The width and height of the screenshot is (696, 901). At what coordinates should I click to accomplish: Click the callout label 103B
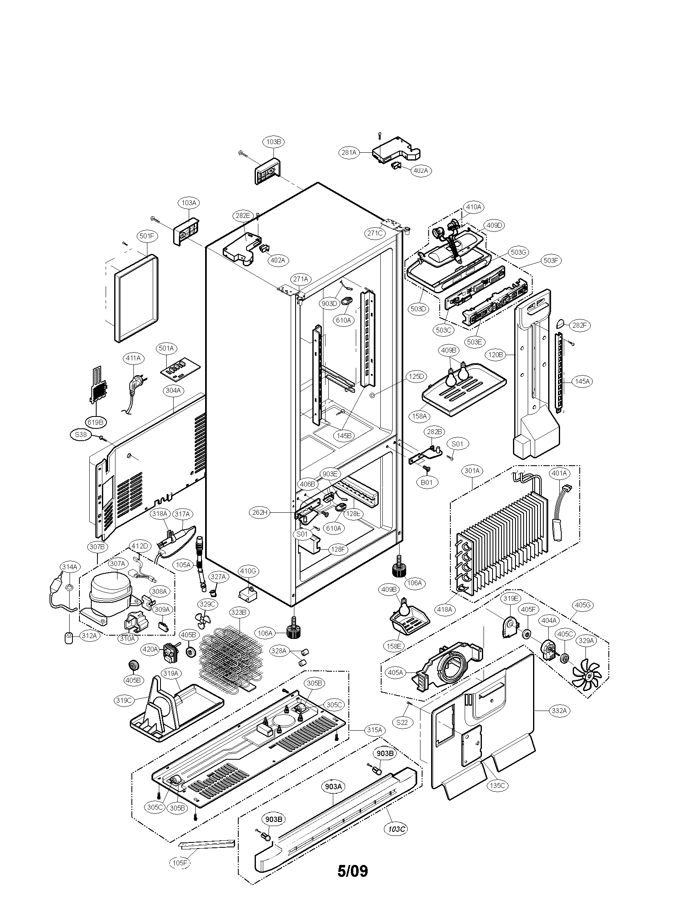[273, 142]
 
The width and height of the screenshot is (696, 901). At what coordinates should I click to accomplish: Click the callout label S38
[81, 435]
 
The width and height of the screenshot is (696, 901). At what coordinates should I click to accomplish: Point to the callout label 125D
[416, 376]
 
